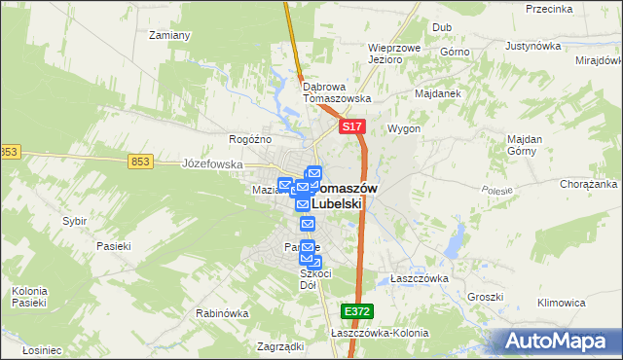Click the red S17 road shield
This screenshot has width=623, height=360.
click(x=352, y=127)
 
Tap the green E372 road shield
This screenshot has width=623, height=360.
click(x=355, y=310)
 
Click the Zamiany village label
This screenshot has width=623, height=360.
click(x=169, y=35)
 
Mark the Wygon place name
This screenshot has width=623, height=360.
click(x=404, y=128)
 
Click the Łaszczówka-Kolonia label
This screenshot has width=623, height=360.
click(x=380, y=333)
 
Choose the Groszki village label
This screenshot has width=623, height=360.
click(x=484, y=297)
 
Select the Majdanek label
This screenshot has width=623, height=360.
click(x=438, y=93)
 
